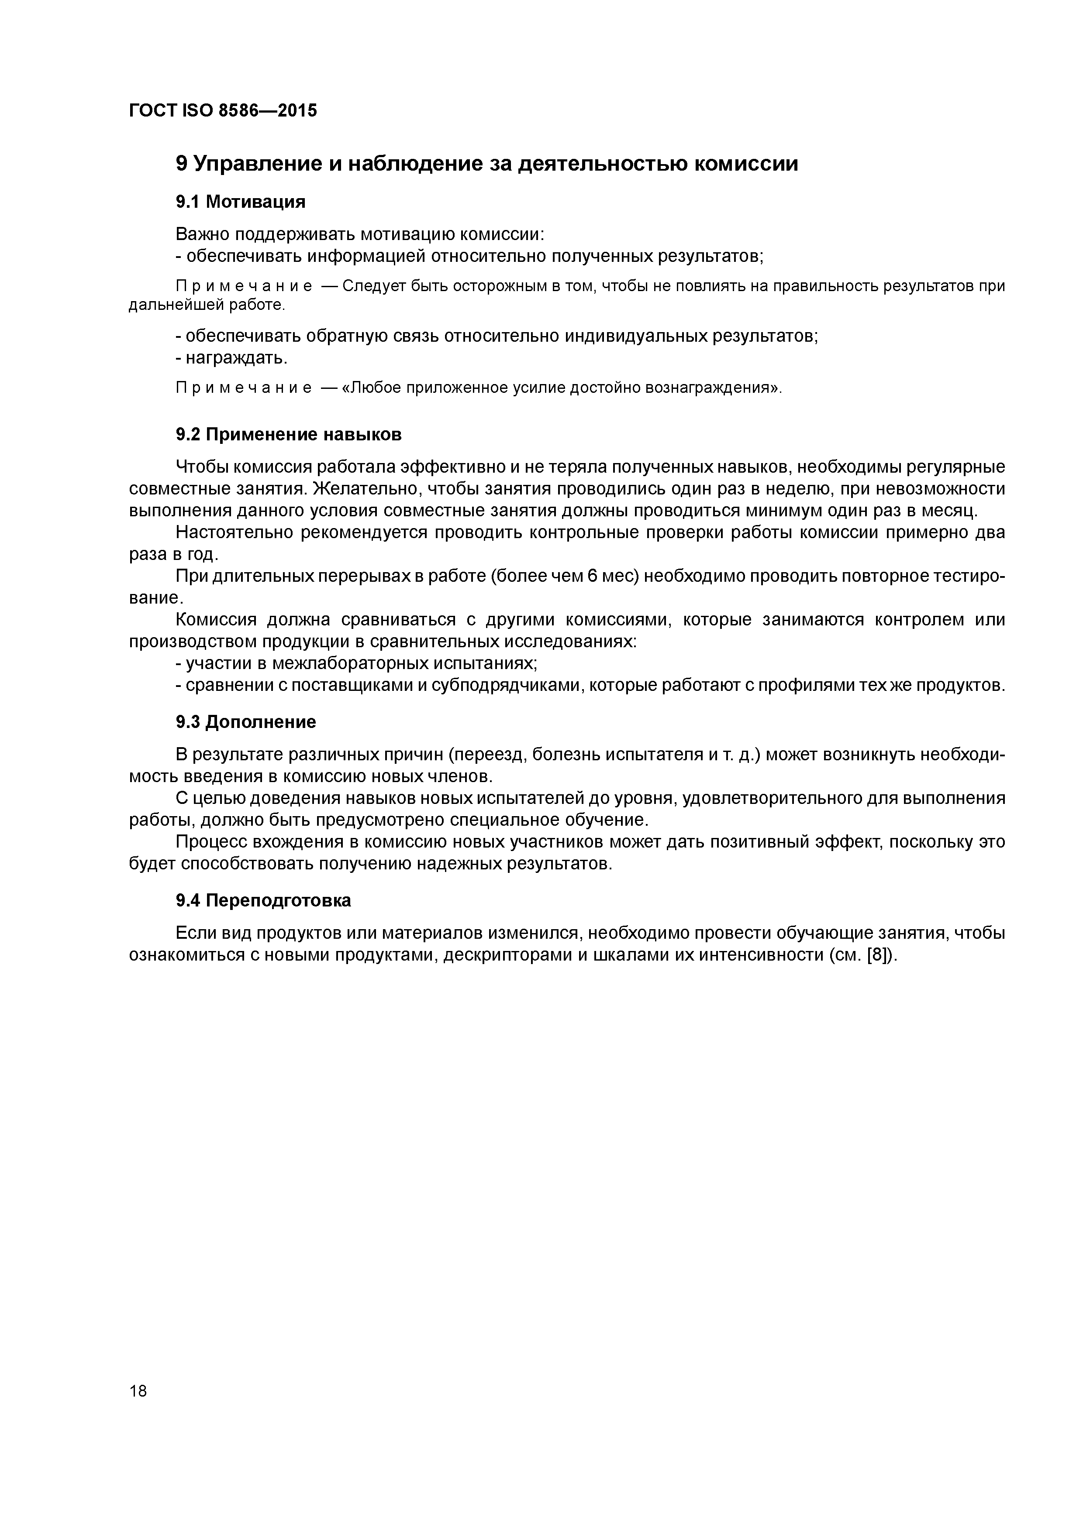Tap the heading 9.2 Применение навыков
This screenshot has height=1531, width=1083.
[x=288, y=435]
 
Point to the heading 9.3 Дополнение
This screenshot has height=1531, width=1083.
[x=245, y=722]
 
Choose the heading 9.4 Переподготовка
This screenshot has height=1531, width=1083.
[x=263, y=901]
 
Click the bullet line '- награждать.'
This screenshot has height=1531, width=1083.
[x=231, y=359]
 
